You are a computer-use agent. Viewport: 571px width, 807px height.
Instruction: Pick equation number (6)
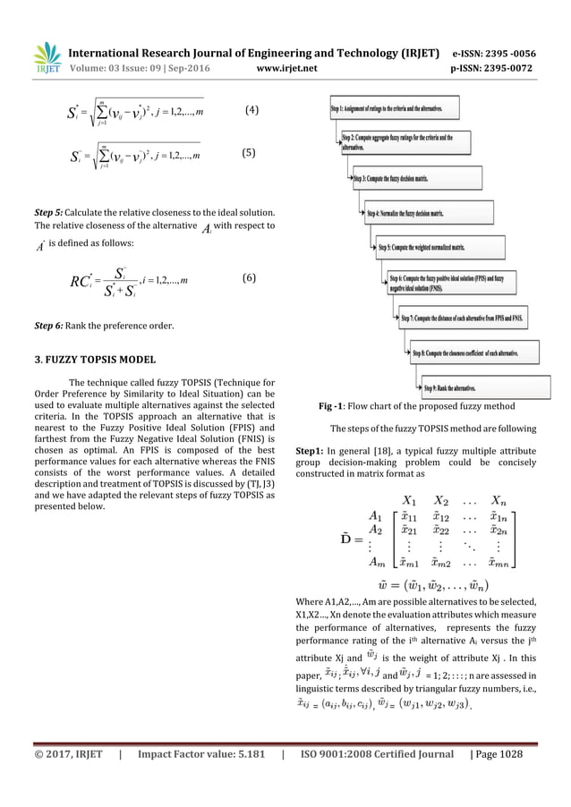click(251, 277)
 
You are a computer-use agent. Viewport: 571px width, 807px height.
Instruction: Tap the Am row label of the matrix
click(377, 586)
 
